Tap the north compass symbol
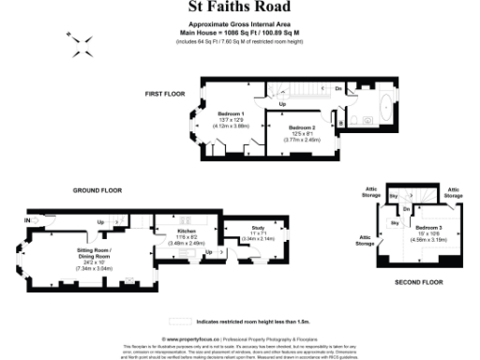point(80,38)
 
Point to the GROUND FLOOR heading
point(98,190)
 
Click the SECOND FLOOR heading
point(418,281)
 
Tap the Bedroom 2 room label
point(302,127)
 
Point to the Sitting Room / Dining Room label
point(94,252)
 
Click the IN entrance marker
point(28,220)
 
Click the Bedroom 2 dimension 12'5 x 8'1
point(302,133)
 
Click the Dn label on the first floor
point(337,88)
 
